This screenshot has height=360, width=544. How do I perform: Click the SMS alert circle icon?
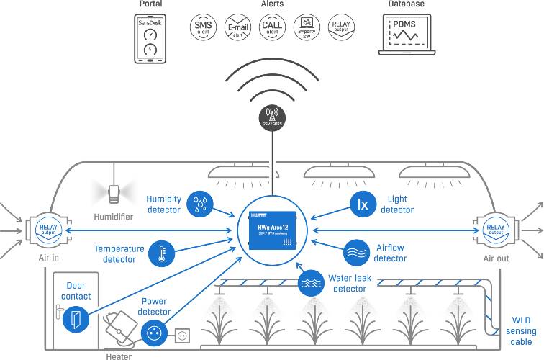point(204,27)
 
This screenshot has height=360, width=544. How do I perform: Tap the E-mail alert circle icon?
point(237,27)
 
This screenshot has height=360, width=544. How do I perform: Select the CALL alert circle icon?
point(272,27)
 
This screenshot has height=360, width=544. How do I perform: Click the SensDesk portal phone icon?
point(150,39)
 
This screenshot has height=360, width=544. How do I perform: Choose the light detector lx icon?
point(363,204)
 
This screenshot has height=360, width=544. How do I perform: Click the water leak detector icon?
point(312,282)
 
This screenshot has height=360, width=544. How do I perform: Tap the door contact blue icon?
point(76,318)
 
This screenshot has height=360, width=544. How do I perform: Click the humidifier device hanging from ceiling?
point(114,193)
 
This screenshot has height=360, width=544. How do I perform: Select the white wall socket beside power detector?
point(181,335)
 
